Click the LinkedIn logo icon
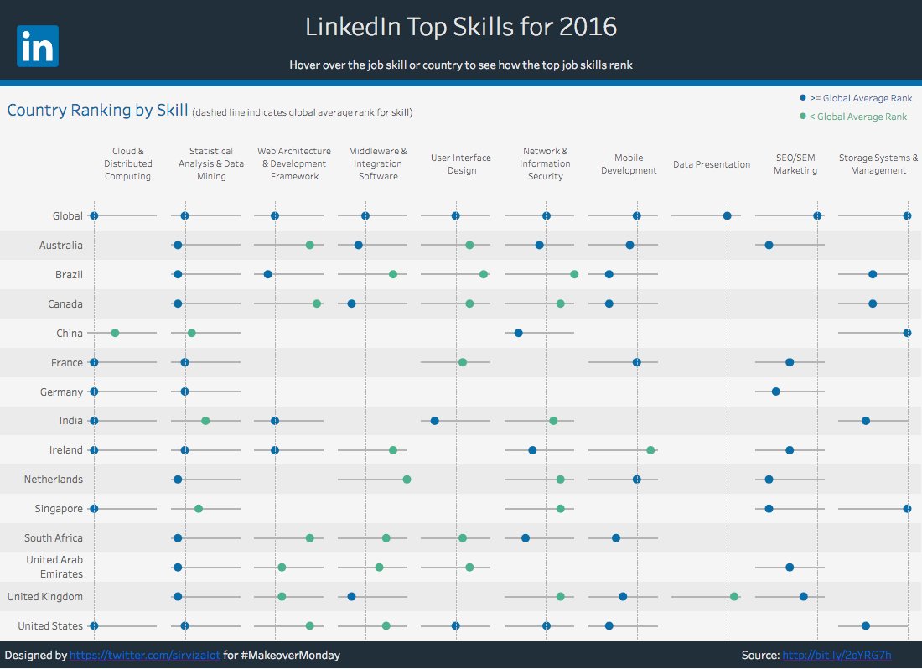click(37, 46)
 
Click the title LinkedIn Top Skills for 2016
click(460, 27)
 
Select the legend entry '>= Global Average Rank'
click(855, 98)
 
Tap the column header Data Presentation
click(712, 164)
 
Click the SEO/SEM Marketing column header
click(795, 163)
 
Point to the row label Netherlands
click(54, 480)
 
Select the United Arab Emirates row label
click(54, 567)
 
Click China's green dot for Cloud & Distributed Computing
click(115, 333)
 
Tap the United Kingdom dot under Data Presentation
click(734, 596)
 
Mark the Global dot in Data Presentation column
click(727, 215)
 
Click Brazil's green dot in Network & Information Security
click(574, 274)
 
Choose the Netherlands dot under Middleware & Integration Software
click(407, 480)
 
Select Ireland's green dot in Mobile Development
click(650, 450)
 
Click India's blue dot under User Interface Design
click(434, 421)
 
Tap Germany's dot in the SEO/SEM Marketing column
click(775, 392)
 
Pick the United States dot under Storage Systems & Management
click(866, 625)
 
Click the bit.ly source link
click(837, 655)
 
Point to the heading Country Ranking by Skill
click(97, 110)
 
